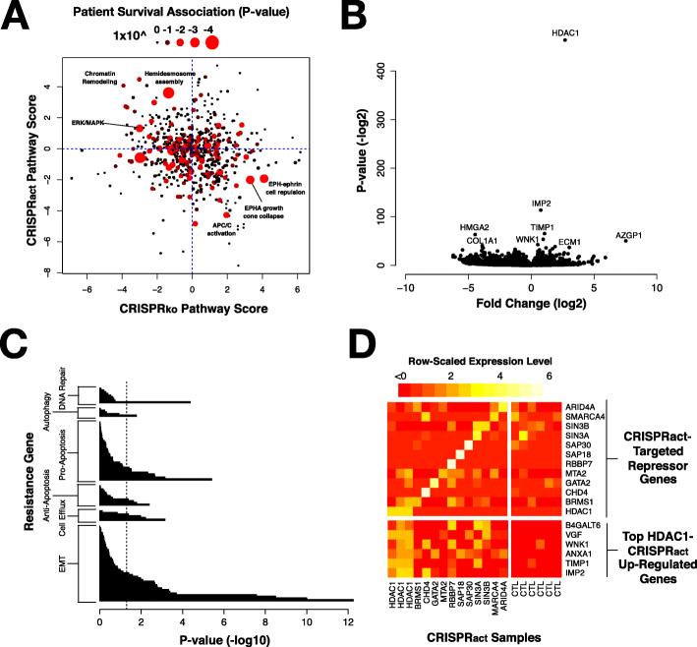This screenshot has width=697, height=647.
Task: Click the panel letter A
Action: (17, 17)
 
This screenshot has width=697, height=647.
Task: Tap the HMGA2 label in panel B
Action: (476, 227)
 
